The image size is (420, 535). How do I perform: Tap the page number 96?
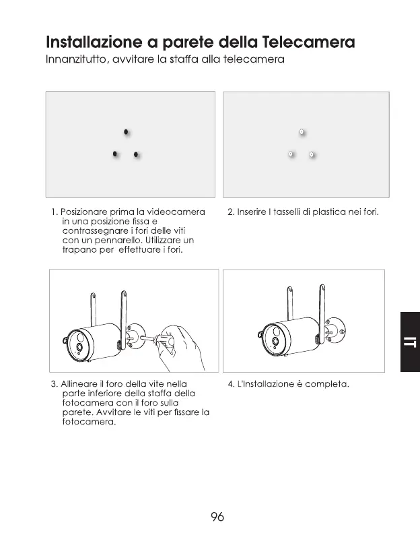point(217,517)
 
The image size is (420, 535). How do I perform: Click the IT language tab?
point(409,341)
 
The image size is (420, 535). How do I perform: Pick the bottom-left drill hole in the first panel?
point(115,154)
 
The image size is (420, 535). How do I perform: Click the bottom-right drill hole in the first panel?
point(136,155)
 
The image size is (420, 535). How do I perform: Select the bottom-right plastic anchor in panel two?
point(312,155)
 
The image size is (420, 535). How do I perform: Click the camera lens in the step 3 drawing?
point(80,348)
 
